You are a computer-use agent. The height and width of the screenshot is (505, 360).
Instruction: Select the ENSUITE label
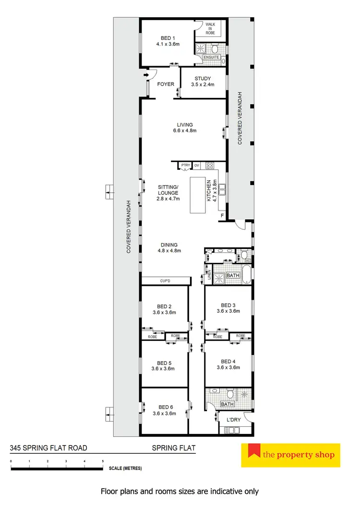click(x=212, y=57)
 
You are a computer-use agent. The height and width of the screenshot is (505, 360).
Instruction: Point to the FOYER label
click(x=166, y=84)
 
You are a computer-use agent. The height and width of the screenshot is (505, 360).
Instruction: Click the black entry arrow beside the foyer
click(x=144, y=75)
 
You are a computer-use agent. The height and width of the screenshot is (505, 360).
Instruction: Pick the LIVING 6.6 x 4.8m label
click(x=184, y=128)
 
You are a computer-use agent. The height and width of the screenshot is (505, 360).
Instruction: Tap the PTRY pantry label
click(x=185, y=165)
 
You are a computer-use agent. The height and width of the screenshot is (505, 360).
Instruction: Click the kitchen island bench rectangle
click(x=198, y=195)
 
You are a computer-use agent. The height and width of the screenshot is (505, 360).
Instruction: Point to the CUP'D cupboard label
click(x=165, y=280)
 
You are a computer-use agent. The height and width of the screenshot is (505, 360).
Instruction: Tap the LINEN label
click(x=209, y=276)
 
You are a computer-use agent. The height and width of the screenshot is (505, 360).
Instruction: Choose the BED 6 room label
click(x=163, y=411)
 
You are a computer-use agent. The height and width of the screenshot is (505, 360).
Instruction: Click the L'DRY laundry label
click(x=233, y=420)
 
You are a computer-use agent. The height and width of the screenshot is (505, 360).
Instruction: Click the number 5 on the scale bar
click(x=103, y=461)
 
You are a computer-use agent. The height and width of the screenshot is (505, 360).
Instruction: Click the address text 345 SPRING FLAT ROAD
click(x=49, y=448)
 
